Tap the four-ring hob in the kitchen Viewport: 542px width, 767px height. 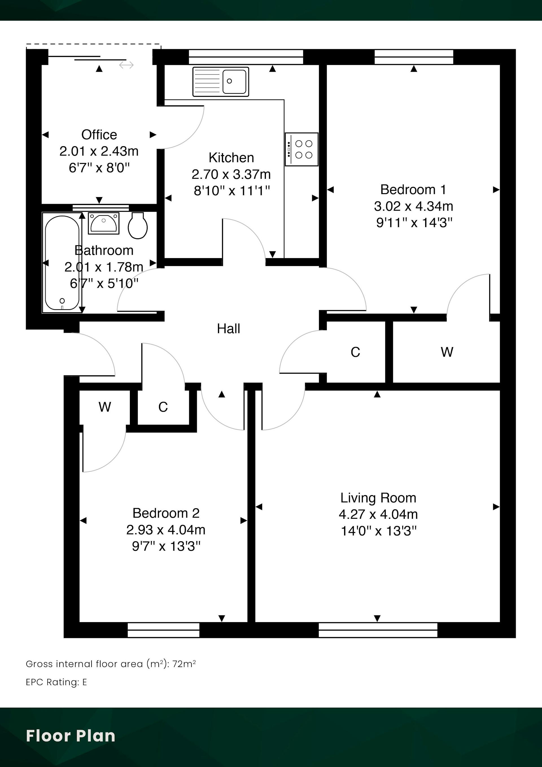pos(301,149)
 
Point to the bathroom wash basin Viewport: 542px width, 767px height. pos(104,223)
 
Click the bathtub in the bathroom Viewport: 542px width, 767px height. pos(62,263)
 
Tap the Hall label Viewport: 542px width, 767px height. pos(228,329)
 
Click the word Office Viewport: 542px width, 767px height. pos(99,135)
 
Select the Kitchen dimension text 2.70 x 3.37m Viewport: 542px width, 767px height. pos(231,174)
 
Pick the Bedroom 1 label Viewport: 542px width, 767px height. pos(414,190)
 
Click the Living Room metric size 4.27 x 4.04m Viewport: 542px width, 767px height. pos(378,514)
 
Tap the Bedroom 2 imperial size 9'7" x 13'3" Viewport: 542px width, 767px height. pos(166,546)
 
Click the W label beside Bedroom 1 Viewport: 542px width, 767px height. pos(447,352)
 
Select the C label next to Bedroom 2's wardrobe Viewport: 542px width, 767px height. pos(163,407)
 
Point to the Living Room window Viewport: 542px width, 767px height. pos(378,630)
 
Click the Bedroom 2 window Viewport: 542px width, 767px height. pos(164,630)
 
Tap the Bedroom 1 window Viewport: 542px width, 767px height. pos(414,57)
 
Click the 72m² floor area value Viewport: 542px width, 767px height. pos(184,664)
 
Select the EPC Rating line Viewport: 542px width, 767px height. pos(56,682)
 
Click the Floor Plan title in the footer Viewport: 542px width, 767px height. pos(71,736)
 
